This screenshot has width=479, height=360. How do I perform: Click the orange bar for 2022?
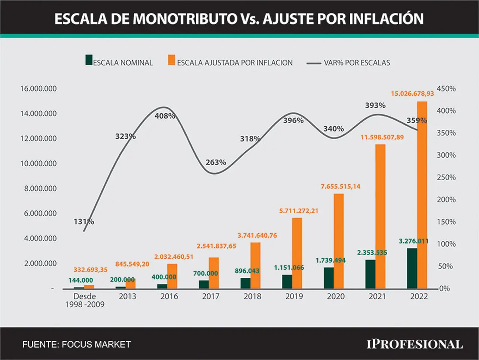(422, 195)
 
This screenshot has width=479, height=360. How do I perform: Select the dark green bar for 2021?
(370, 274)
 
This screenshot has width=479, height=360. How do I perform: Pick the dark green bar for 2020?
(329, 278)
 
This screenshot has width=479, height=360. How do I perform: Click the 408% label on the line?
(165, 116)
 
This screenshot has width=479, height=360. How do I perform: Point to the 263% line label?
(216, 162)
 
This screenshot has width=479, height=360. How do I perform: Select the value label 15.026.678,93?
(412, 93)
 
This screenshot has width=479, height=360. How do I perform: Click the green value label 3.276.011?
(414, 241)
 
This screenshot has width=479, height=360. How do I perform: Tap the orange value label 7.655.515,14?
(341, 186)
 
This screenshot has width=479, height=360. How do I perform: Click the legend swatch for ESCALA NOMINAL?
(89, 60)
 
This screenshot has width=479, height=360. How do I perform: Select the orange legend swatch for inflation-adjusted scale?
(171, 60)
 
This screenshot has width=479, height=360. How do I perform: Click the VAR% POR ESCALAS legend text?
(357, 63)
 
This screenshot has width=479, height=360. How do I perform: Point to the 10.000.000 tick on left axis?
(39, 163)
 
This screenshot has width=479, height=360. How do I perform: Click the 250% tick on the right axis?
(446, 178)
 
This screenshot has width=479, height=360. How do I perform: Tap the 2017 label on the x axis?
(211, 296)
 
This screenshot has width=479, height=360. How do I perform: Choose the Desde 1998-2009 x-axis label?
(85, 300)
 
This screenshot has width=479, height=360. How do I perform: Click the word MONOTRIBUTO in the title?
(185, 19)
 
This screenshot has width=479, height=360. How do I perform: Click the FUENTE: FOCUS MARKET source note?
(77, 345)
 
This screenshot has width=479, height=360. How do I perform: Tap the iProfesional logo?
(415, 344)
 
